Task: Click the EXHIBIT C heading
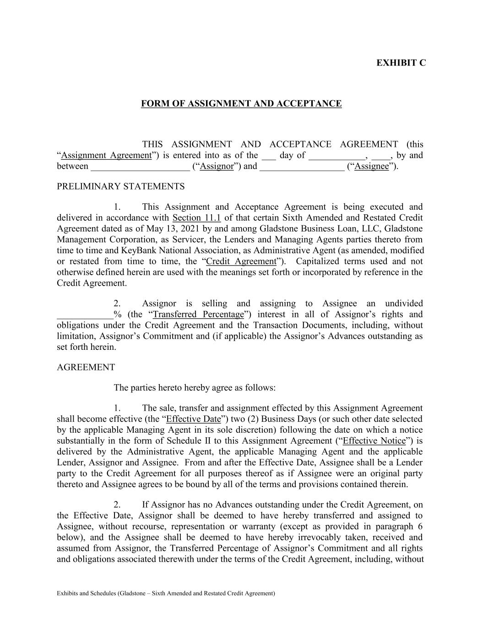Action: point(401,63)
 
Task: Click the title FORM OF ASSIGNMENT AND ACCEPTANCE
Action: point(241,103)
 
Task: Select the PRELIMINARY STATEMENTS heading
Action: point(120,186)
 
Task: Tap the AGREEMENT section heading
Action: point(86,367)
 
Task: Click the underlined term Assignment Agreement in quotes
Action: point(106,155)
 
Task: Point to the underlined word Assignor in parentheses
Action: point(217,166)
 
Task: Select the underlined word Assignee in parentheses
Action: point(372,166)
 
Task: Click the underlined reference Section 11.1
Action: point(196,217)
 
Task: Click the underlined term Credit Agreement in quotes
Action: point(241,261)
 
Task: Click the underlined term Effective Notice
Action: point(374,441)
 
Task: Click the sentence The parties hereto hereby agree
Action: point(195,388)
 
